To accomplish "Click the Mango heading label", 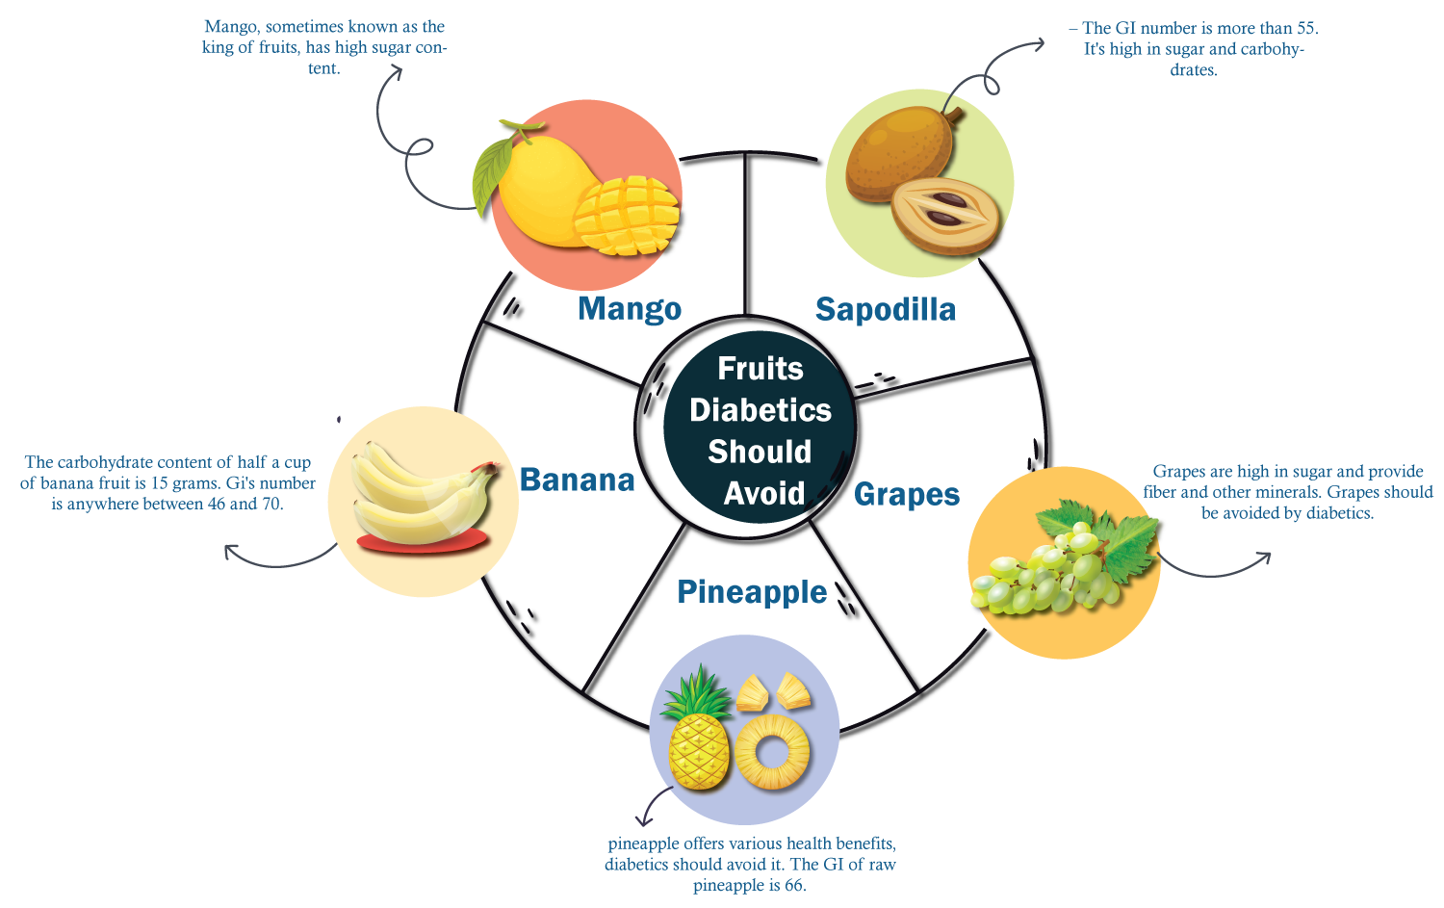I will coord(630,309).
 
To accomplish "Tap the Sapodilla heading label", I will coord(885,309).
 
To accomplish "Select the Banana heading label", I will coord(578,480).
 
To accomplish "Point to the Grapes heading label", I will coord(907,494).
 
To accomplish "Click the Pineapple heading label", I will coord(752,591).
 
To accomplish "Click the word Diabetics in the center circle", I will coord(761,410).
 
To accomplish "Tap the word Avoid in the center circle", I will coord(764,493).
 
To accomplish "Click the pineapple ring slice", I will coord(772,752).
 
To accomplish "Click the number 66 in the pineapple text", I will coord(793,885).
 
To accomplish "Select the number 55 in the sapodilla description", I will coord(1305,28).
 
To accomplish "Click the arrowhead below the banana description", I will coord(231,551).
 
